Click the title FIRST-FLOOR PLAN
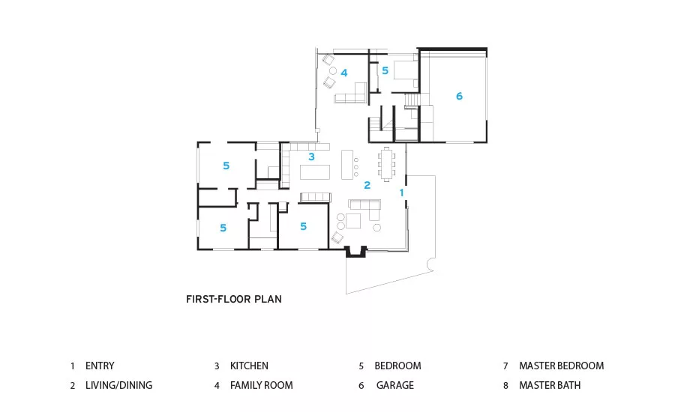click(234, 299)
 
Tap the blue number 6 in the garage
click(459, 96)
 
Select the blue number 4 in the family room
click(344, 73)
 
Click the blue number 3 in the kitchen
click(311, 157)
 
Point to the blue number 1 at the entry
click(402, 193)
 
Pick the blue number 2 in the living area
click(367, 185)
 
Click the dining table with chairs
click(386, 164)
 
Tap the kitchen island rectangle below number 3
click(315, 172)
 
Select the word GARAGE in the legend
click(394, 385)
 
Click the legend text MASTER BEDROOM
click(561, 366)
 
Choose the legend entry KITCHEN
click(249, 366)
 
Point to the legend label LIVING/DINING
click(118, 385)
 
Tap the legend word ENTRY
click(100, 366)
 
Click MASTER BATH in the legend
click(550, 385)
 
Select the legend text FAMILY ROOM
click(261, 385)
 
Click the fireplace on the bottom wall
click(356, 252)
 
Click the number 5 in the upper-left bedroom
click(226, 166)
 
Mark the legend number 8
click(505, 385)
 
